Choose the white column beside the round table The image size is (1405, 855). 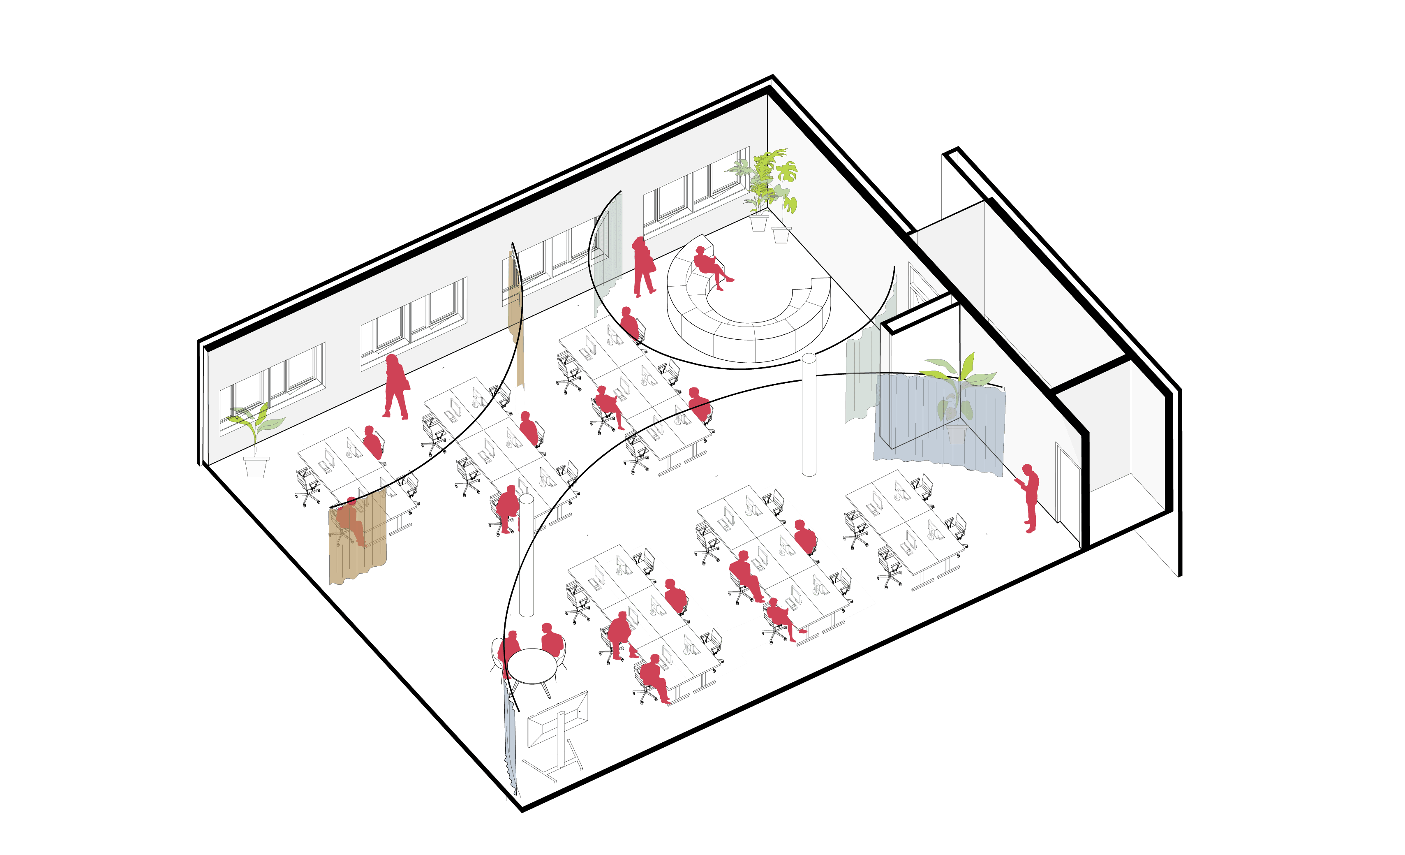(526, 556)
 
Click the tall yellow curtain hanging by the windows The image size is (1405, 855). (516, 320)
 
